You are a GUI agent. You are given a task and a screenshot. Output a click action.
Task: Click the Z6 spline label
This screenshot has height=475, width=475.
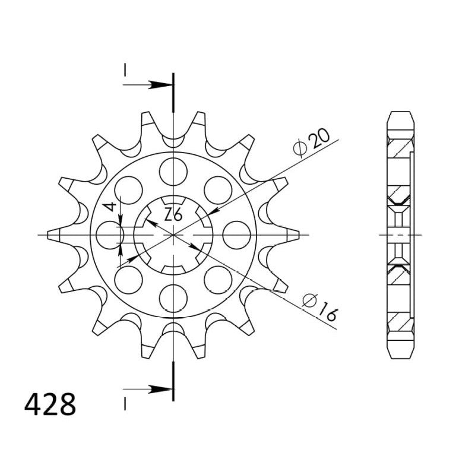pyautogui.click(x=172, y=215)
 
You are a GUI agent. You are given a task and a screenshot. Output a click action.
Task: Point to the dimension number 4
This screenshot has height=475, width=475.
pyautogui.click(x=109, y=207)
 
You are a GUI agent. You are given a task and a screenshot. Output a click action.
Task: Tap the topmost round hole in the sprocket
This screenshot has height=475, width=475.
pyautogui.click(x=172, y=171)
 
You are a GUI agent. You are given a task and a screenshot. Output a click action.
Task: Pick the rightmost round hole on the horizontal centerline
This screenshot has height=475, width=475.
pyautogui.click(x=236, y=235)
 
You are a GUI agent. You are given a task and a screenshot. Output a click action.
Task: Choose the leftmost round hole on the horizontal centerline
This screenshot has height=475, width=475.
pyautogui.click(x=109, y=235)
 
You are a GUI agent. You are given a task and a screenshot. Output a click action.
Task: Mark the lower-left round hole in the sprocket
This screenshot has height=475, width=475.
pyautogui.click(x=128, y=280)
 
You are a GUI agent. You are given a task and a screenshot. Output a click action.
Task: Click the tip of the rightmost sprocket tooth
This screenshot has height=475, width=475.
pyautogui.click(x=296, y=235)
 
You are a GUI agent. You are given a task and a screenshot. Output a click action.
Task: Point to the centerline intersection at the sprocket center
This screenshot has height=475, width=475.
pyautogui.click(x=172, y=235)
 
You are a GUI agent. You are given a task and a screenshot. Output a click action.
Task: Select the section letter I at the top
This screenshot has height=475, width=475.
pyautogui.click(x=125, y=69)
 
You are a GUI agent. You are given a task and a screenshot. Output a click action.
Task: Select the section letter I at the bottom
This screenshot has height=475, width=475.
pyautogui.click(x=125, y=404)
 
